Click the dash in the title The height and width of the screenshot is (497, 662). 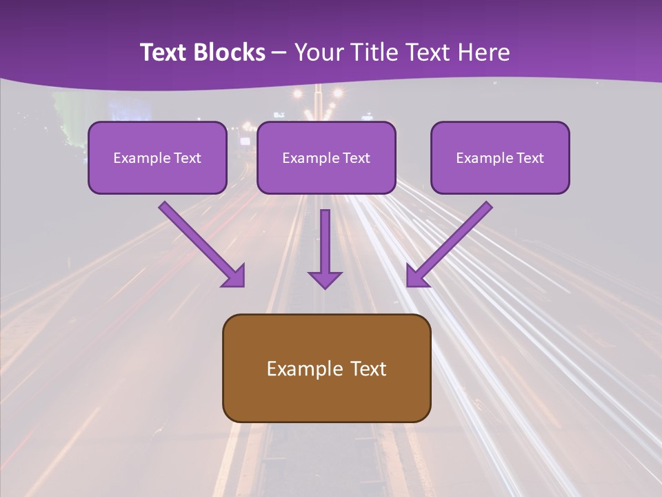click(279, 53)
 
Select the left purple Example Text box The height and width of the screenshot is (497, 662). click(157, 157)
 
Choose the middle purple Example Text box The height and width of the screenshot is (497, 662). click(326, 157)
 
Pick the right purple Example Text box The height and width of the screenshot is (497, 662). click(500, 157)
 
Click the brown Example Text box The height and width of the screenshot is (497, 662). click(326, 368)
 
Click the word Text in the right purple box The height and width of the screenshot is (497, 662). click(530, 158)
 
